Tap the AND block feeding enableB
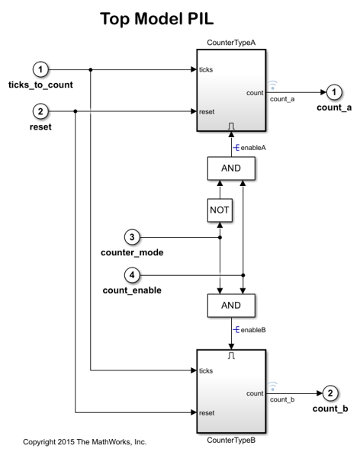[x=230, y=306]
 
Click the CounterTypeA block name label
[x=230, y=42]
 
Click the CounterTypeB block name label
[x=230, y=441]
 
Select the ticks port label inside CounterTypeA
[x=207, y=69]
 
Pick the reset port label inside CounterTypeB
[x=207, y=412]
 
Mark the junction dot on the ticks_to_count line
[x=91, y=69]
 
